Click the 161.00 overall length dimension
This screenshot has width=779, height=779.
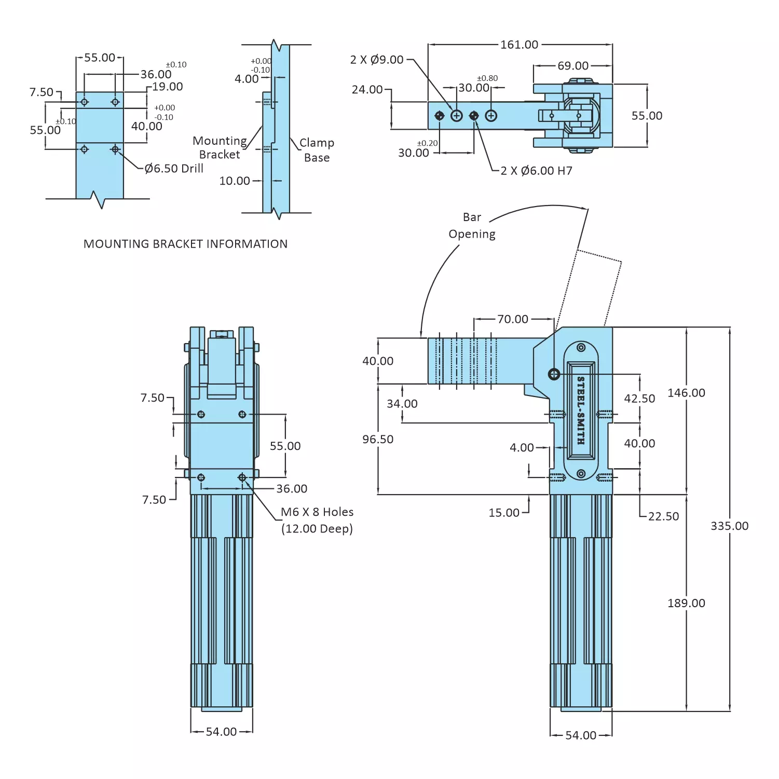pyautogui.click(x=519, y=45)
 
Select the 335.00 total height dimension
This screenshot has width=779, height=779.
pyautogui.click(x=729, y=526)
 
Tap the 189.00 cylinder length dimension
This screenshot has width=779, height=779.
pyautogui.click(x=686, y=603)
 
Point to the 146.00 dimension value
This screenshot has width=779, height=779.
pyautogui.click(x=686, y=393)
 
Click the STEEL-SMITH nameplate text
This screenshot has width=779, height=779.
pyautogui.click(x=581, y=410)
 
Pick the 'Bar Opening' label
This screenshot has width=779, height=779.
pyautogui.click(x=472, y=226)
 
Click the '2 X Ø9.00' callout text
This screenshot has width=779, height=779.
pyautogui.click(x=377, y=60)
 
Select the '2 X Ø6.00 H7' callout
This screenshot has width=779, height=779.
pyautogui.click(x=536, y=171)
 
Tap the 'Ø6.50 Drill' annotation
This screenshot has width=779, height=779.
pyautogui.click(x=174, y=168)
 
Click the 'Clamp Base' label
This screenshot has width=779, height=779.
pyautogui.click(x=317, y=150)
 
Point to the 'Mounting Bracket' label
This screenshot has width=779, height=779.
pyautogui.click(x=220, y=147)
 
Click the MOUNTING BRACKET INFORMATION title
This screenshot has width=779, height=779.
pyautogui.click(x=185, y=244)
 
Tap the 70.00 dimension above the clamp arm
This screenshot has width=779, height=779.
pyautogui.click(x=512, y=319)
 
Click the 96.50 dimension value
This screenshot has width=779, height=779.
pyautogui.click(x=378, y=439)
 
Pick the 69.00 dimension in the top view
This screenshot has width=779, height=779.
pyautogui.click(x=573, y=66)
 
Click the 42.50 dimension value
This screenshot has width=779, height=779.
pyautogui.click(x=639, y=399)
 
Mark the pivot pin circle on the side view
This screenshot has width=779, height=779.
pyautogui.click(x=554, y=374)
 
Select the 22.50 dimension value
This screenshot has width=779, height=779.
pyautogui.click(x=663, y=516)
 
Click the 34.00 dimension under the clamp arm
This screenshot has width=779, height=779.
pyautogui.click(x=402, y=404)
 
